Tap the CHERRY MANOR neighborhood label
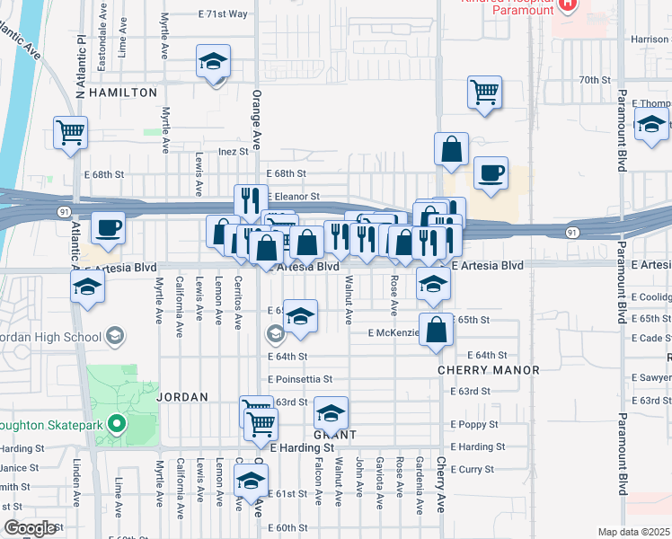[488, 370]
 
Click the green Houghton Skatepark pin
[116, 423]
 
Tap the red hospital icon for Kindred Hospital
[567, 4]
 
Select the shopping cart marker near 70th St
[484, 91]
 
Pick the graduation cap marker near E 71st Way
[213, 61]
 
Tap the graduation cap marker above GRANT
[331, 412]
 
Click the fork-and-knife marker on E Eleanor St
[251, 199]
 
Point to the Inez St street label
[232, 152]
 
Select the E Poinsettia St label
[299, 379]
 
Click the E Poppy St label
[474, 423]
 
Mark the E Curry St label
[473, 469]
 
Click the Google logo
[30, 528]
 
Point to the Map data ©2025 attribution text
[633, 532]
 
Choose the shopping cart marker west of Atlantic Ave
[70, 132]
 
